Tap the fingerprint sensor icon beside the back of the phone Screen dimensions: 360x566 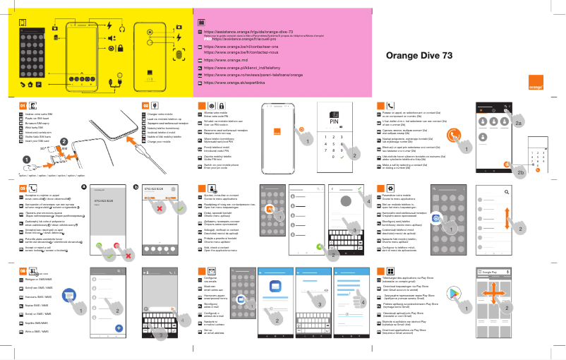click(x=179, y=55)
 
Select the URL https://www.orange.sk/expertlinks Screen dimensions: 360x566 click(x=234, y=82)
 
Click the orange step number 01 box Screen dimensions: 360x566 click(x=23, y=105)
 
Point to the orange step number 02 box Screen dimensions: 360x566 click(x=137, y=105)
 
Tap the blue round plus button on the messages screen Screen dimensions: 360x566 click(x=119, y=347)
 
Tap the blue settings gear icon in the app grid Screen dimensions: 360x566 click(x=436, y=220)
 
